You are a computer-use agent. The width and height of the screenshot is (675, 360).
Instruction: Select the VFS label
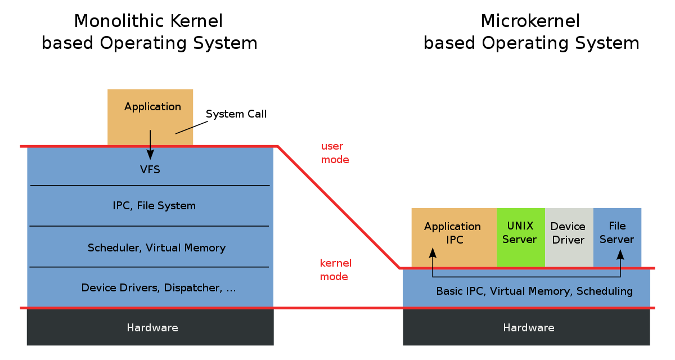tap(150, 169)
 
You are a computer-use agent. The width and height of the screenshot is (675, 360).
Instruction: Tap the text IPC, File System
tap(154, 206)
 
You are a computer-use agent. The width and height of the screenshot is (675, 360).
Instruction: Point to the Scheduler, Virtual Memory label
tap(156, 248)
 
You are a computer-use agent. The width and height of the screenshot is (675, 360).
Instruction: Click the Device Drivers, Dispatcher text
tap(159, 288)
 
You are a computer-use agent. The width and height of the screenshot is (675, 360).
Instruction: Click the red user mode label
tap(335, 153)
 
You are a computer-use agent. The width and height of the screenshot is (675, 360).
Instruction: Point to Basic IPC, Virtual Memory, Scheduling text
tap(534, 291)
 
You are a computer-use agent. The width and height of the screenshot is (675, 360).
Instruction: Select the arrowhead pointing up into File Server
tap(620, 255)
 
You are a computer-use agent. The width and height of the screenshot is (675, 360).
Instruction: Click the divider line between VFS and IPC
tap(150, 186)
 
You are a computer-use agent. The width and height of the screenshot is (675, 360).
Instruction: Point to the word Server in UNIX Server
tap(519, 240)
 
